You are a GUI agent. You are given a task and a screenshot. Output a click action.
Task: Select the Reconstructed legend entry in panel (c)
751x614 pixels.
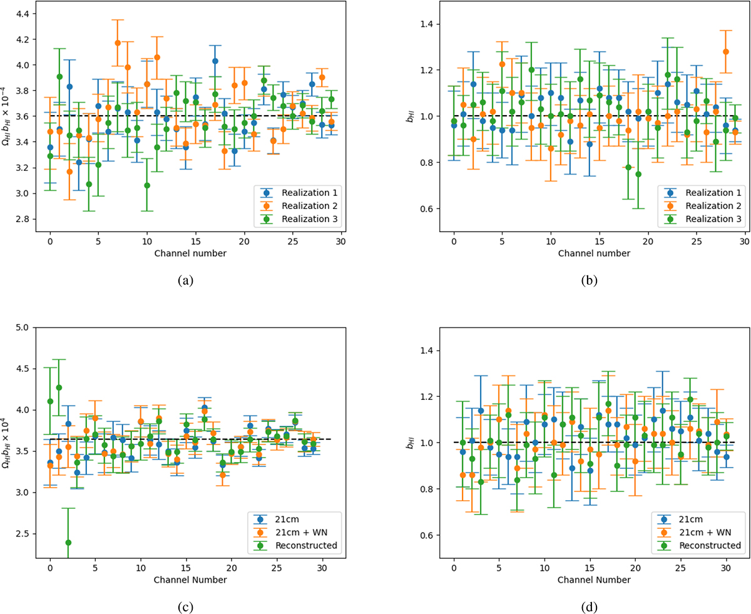click(309, 545)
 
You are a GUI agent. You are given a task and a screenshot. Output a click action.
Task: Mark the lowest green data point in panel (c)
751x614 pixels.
click(68, 543)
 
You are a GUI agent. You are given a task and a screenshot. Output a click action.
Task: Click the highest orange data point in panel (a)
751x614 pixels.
click(118, 43)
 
